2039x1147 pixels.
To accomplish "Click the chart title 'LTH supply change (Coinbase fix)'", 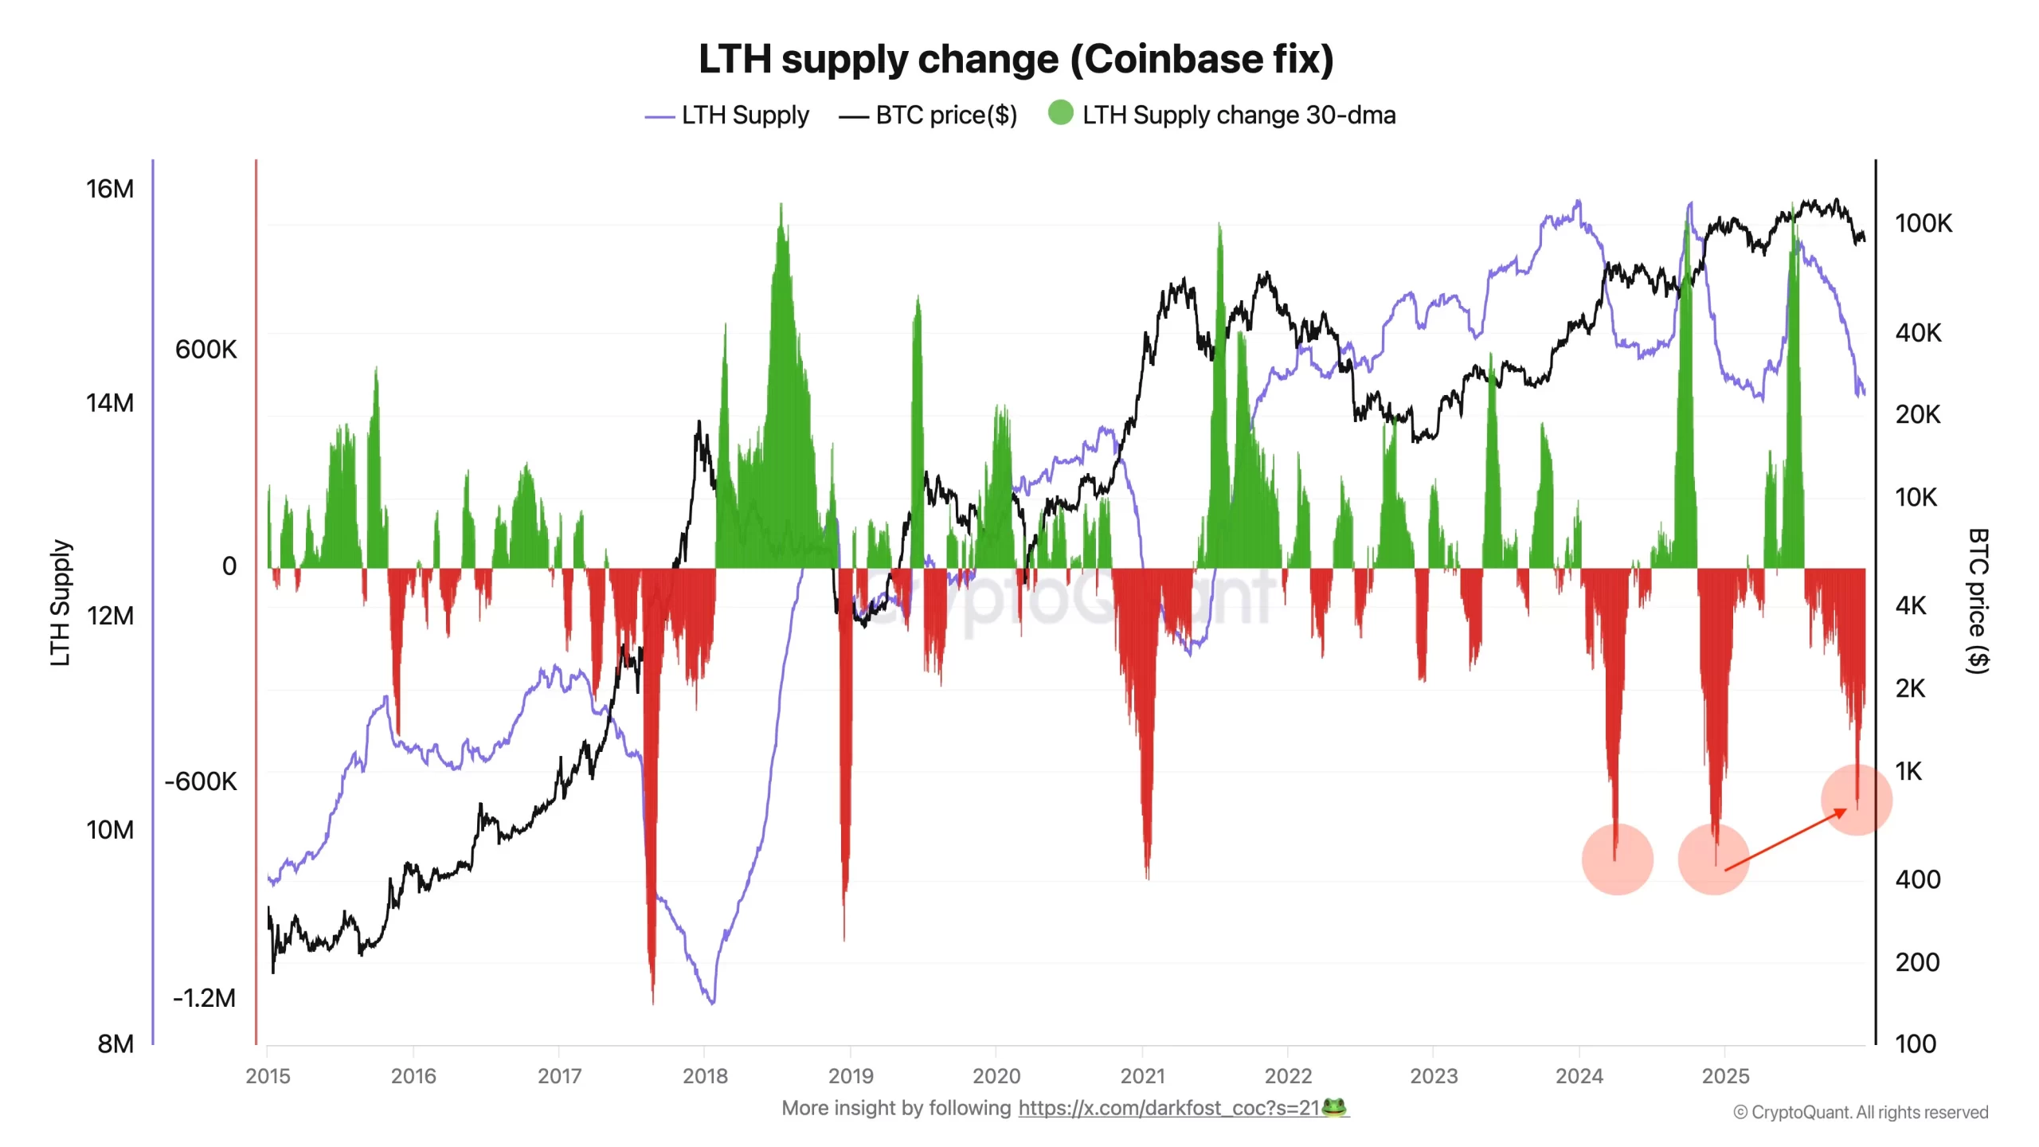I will pos(1016,59).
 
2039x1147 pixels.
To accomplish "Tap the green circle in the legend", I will pos(1060,113).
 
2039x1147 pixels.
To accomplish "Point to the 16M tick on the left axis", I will pos(110,189).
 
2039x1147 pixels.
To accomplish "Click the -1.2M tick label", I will pos(204,997).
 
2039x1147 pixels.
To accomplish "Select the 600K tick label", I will pos(205,349).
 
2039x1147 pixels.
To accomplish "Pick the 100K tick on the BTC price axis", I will pos(1923,223).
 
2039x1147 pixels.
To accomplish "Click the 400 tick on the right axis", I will pos(1917,879).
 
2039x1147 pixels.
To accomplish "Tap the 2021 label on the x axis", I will pos(1142,1076).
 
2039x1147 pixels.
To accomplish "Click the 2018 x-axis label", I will pos(705,1076).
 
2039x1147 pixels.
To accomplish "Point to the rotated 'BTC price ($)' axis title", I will pos(1978,601).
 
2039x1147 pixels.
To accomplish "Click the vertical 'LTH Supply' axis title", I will pos(61,602).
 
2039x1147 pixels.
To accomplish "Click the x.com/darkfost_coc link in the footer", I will pos(1168,1108).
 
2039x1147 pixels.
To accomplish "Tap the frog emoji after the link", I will pos(1334,1107).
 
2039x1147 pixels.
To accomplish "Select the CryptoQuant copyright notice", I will pos(1861,1112).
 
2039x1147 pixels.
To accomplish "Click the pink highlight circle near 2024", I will pos(1617,859).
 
